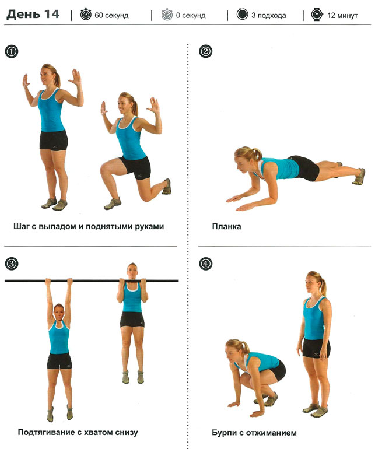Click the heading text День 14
[x=33, y=15]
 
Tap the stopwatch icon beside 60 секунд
[x=86, y=15]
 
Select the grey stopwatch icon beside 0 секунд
[x=167, y=15]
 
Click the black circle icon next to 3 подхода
[x=242, y=14]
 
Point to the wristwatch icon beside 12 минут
[x=317, y=15]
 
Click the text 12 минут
[x=342, y=15]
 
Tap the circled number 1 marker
[x=12, y=51]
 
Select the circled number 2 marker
[x=205, y=51]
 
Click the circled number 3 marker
[x=12, y=264]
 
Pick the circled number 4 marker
[x=205, y=264]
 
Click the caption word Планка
[x=226, y=226]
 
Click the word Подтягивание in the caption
[x=46, y=433]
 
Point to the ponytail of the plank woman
[x=256, y=154]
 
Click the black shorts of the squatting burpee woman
[x=277, y=371]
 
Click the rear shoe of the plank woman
[x=359, y=176]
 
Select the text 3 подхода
[x=268, y=16]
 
